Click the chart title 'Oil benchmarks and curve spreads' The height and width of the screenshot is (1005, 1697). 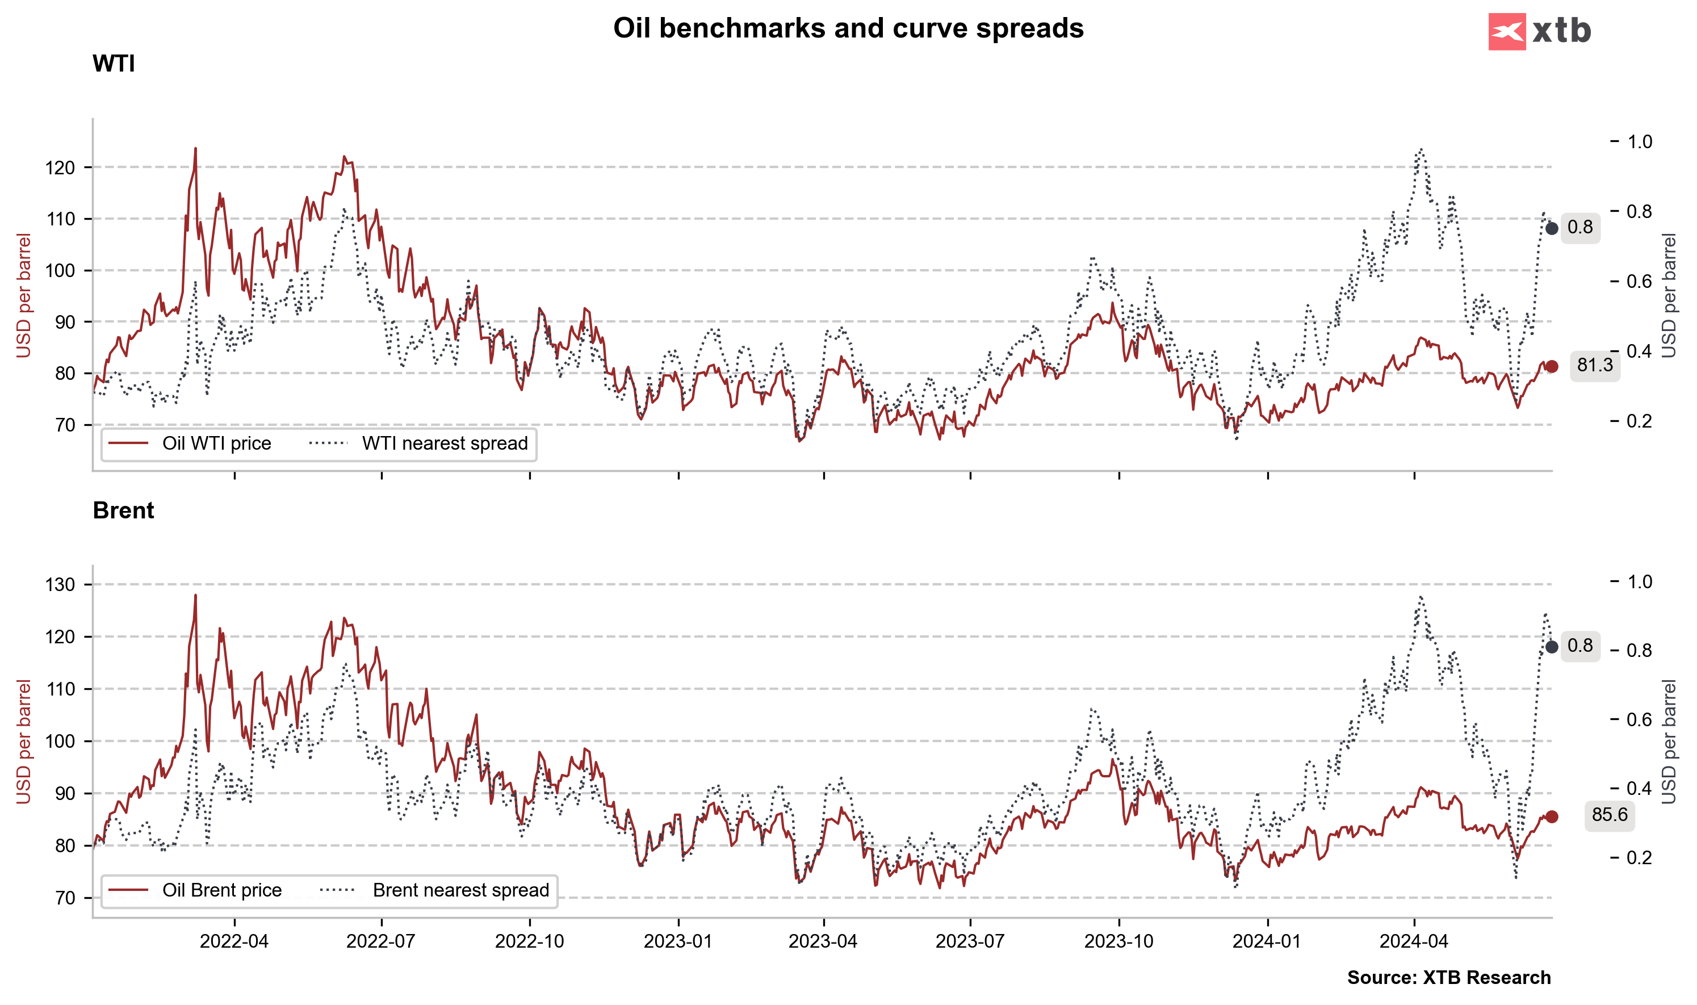(x=848, y=28)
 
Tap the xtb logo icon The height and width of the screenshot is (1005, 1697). (x=1506, y=31)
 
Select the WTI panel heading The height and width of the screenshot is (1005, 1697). (x=114, y=64)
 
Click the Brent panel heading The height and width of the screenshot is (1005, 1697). (x=123, y=510)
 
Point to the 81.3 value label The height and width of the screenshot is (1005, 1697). (x=1595, y=366)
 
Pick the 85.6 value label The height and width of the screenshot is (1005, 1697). (x=1609, y=814)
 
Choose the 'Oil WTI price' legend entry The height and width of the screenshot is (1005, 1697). (x=216, y=443)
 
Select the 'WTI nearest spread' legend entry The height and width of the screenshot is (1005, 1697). (x=444, y=443)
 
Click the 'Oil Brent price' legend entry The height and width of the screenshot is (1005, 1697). (x=221, y=890)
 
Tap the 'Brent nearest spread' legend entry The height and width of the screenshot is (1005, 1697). (x=460, y=890)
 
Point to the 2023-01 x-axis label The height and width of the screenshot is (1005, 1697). (x=678, y=941)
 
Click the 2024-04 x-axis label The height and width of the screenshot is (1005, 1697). (x=1414, y=941)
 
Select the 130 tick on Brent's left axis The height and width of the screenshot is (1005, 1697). (x=60, y=584)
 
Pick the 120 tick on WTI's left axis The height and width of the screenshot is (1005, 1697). (x=60, y=167)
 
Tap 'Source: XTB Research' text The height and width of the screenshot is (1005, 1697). (x=1448, y=977)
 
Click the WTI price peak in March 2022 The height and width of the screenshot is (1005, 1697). (x=196, y=148)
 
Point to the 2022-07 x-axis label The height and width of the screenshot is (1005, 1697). (x=380, y=941)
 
